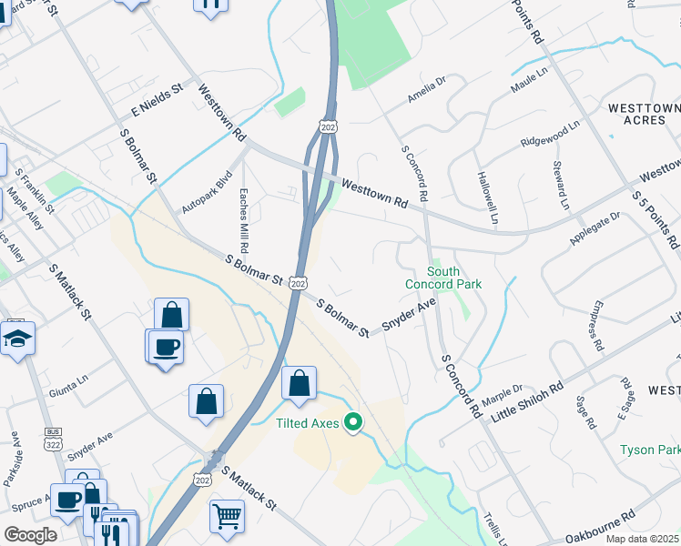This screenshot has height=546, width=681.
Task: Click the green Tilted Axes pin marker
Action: [x=352, y=422]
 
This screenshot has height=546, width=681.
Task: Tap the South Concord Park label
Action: [x=442, y=278]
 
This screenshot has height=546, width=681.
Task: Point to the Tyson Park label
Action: [x=649, y=450]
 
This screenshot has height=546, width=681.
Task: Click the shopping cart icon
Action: [x=227, y=516]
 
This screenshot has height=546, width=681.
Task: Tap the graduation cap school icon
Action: [x=16, y=339]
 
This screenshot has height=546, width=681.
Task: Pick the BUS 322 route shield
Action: [x=51, y=437]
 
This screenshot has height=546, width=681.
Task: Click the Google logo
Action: [x=30, y=535]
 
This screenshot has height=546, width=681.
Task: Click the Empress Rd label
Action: [x=598, y=326]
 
